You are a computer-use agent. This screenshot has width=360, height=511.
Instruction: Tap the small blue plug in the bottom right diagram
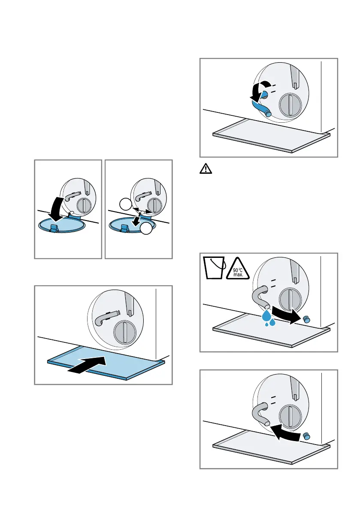pyautogui.click(x=307, y=436)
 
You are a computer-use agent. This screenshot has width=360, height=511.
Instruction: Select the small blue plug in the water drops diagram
pyautogui.click(x=306, y=319)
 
